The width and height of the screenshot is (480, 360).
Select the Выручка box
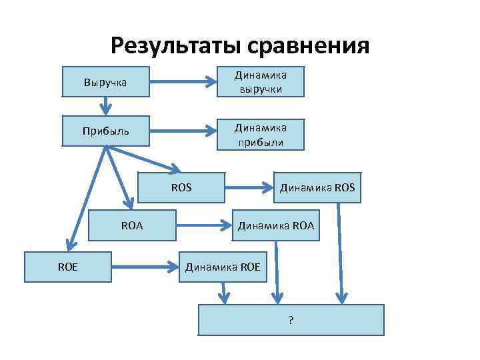pyautogui.click(x=105, y=83)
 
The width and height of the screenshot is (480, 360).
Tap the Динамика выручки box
pyautogui.click(x=261, y=83)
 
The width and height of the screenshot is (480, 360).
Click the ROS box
pyautogui.click(x=181, y=187)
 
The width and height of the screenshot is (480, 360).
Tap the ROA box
pyautogui.click(x=133, y=226)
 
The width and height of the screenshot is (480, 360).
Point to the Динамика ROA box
pyautogui.click(x=275, y=226)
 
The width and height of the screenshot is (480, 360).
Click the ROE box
pyautogui.click(x=67, y=267)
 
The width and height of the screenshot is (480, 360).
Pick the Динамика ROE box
pyautogui.click(x=223, y=267)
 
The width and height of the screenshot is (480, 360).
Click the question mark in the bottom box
pyautogui.click(x=291, y=320)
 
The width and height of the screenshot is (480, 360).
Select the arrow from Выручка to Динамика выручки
pyautogui.click(x=183, y=83)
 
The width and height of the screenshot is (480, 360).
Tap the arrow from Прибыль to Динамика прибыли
pyautogui.click(x=183, y=130)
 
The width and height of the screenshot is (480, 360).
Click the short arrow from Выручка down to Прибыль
pyautogui.click(x=105, y=105)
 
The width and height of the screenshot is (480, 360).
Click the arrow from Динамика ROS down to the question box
pyautogui.click(x=341, y=253)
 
